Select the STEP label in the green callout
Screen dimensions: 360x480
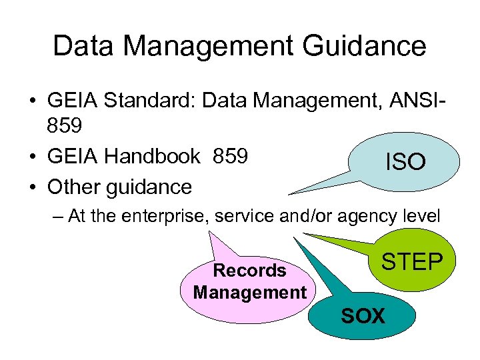coord(411,262)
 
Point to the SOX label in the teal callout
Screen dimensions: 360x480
coord(363,315)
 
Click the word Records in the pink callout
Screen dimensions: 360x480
coord(249,271)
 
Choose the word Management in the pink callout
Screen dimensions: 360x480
coord(249,292)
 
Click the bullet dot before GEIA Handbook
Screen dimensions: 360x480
coord(31,157)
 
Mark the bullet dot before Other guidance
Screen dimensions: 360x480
coord(31,187)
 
